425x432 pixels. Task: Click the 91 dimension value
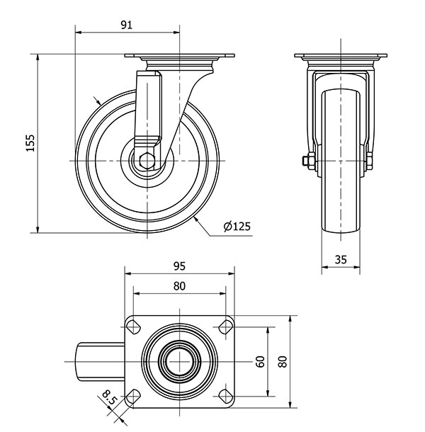pyautogui.click(x=127, y=25)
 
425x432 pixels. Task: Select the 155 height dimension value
pyautogui.click(x=30, y=143)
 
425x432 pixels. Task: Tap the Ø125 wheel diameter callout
pyautogui.click(x=237, y=226)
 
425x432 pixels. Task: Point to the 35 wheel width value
pyautogui.click(x=341, y=259)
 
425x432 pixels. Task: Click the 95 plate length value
pyautogui.click(x=179, y=266)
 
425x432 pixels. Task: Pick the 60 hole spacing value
pyautogui.click(x=260, y=361)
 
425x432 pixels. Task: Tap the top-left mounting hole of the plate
pyautogui.click(x=133, y=327)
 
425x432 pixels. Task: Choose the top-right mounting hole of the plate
pyautogui.click(x=226, y=327)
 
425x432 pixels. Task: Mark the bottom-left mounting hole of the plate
pyautogui.click(x=133, y=397)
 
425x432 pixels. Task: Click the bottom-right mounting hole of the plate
pyautogui.click(x=226, y=397)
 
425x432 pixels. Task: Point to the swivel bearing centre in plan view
pyautogui.click(x=179, y=361)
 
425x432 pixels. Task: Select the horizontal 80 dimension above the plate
pyautogui.click(x=179, y=286)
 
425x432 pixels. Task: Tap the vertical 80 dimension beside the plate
pyautogui.click(x=283, y=361)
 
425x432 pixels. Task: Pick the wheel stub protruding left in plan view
pyautogui.click(x=101, y=361)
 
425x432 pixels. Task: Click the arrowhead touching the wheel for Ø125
pyautogui.click(x=195, y=220)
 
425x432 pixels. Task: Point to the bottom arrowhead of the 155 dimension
pyautogui.click(x=38, y=229)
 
